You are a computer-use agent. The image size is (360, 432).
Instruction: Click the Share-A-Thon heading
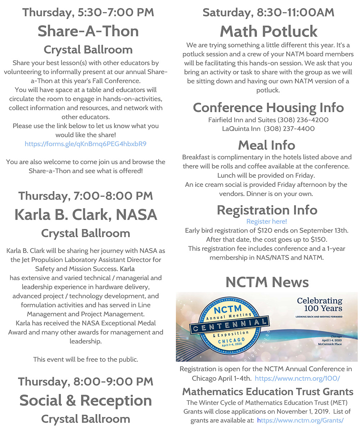(x=88, y=31)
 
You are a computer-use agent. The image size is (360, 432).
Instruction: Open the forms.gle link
(x=85, y=144)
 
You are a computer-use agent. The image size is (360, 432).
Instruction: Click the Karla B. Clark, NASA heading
(x=86, y=215)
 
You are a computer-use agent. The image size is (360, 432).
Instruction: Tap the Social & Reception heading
(x=86, y=400)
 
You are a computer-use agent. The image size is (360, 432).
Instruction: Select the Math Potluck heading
(x=269, y=31)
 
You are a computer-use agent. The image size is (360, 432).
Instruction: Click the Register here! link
(x=266, y=221)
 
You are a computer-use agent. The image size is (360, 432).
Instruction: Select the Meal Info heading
(x=267, y=145)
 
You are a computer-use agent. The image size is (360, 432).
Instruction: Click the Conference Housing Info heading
(x=268, y=107)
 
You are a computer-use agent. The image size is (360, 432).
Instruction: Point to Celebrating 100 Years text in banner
(x=319, y=304)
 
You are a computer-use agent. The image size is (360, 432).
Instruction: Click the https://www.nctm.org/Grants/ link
(x=301, y=420)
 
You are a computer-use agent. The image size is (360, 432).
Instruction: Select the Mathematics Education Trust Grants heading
(x=267, y=391)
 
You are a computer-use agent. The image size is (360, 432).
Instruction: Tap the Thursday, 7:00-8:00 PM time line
(x=86, y=196)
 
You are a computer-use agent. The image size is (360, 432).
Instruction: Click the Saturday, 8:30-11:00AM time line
(x=268, y=12)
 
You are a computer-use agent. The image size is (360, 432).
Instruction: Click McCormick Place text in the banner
(x=327, y=344)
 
